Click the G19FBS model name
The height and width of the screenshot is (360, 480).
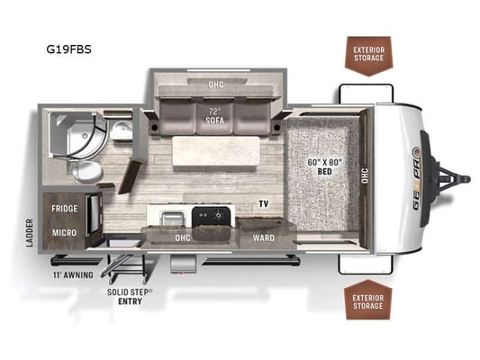click(x=68, y=49)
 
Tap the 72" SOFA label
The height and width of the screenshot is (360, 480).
click(x=215, y=116)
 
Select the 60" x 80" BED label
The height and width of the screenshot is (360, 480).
click(x=324, y=166)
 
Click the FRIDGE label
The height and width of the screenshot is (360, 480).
click(x=65, y=209)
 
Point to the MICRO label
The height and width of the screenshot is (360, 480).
click(x=64, y=233)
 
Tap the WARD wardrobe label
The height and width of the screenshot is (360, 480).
click(x=263, y=238)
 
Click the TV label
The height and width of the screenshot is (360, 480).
click(x=264, y=203)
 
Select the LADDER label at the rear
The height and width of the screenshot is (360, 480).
click(x=30, y=233)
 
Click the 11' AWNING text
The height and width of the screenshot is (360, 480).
click(x=73, y=275)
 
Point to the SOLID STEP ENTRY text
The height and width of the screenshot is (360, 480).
click(x=130, y=297)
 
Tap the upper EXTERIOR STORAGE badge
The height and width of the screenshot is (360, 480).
click(x=368, y=56)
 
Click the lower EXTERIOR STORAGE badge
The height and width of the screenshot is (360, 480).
click(x=367, y=300)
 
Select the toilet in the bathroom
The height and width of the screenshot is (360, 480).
click(x=86, y=171)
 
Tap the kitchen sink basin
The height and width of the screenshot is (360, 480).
click(x=173, y=219)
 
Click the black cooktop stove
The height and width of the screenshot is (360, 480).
click(x=211, y=217)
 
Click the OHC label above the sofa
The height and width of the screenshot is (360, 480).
click(x=216, y=85)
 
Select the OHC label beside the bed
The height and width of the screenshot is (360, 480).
click(x=365, y=175)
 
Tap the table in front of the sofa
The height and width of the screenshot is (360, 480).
click(x=216, y=151)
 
